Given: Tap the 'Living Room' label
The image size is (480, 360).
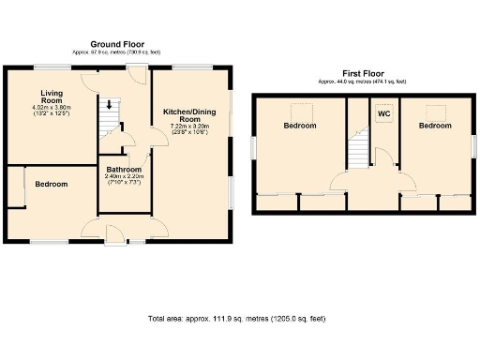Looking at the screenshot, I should click(51, 97).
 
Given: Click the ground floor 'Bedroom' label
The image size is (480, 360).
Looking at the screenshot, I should click(52, 184).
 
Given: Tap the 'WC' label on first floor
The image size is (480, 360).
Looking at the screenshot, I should click(383, 113).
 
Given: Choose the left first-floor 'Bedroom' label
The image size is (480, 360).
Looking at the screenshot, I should click(300, 126).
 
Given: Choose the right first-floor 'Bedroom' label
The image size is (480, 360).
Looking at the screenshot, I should click(435, 125).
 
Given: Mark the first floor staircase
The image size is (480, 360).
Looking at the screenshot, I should click(357, 149).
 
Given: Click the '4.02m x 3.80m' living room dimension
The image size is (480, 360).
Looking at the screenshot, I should click(52, 108).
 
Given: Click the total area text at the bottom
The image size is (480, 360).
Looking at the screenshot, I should click(237, 319).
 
